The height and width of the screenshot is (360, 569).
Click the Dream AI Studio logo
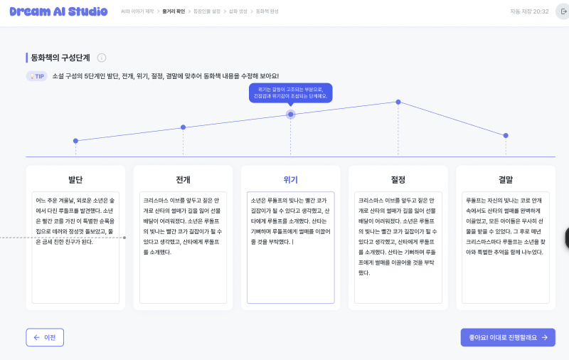(58, 11)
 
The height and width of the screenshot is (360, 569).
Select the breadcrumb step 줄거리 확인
(174, 12)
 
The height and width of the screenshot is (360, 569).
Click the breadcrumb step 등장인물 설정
(208, 12)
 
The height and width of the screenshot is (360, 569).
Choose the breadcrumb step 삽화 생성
(238, 12)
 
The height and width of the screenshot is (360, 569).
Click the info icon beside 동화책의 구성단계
(102, 58)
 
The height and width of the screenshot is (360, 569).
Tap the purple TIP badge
(37, 76)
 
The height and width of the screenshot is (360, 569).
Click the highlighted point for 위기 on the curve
(290, 115)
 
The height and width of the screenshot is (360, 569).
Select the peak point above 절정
(398, 102)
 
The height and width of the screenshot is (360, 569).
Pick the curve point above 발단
(75, 141)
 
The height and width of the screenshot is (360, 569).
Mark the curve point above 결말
(506, 135)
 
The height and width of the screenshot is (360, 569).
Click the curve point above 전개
(183, 127)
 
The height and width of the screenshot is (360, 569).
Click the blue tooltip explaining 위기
(290, 93)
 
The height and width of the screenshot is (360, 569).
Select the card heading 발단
(75, 179)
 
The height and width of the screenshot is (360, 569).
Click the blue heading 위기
(290, 179)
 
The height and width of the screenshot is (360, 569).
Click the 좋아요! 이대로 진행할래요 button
(507, 337)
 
